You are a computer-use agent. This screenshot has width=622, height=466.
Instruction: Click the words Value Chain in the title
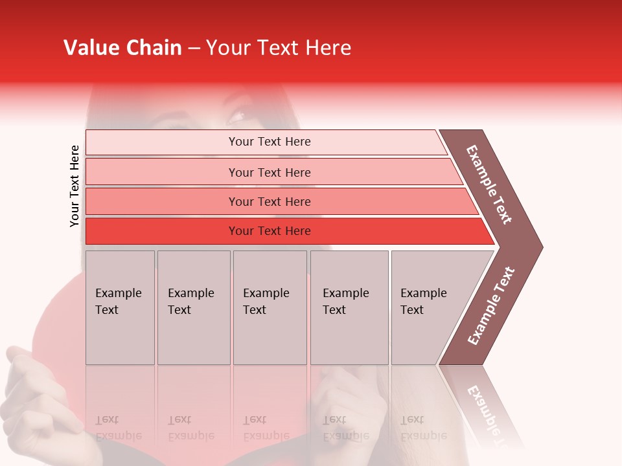pos(122,48)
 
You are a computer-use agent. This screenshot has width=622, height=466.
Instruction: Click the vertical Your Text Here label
pos(75,186)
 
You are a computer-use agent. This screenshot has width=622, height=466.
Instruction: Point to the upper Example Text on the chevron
pos(489,184)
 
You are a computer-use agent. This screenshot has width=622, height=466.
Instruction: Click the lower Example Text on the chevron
pos(491,306)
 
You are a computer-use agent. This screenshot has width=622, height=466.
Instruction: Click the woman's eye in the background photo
pos(235,117)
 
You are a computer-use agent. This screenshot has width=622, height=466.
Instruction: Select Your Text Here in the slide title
pos(279,48)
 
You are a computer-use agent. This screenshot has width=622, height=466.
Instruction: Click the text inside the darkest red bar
pos(270,231)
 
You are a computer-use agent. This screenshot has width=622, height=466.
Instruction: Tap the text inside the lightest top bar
pos(270,142)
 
